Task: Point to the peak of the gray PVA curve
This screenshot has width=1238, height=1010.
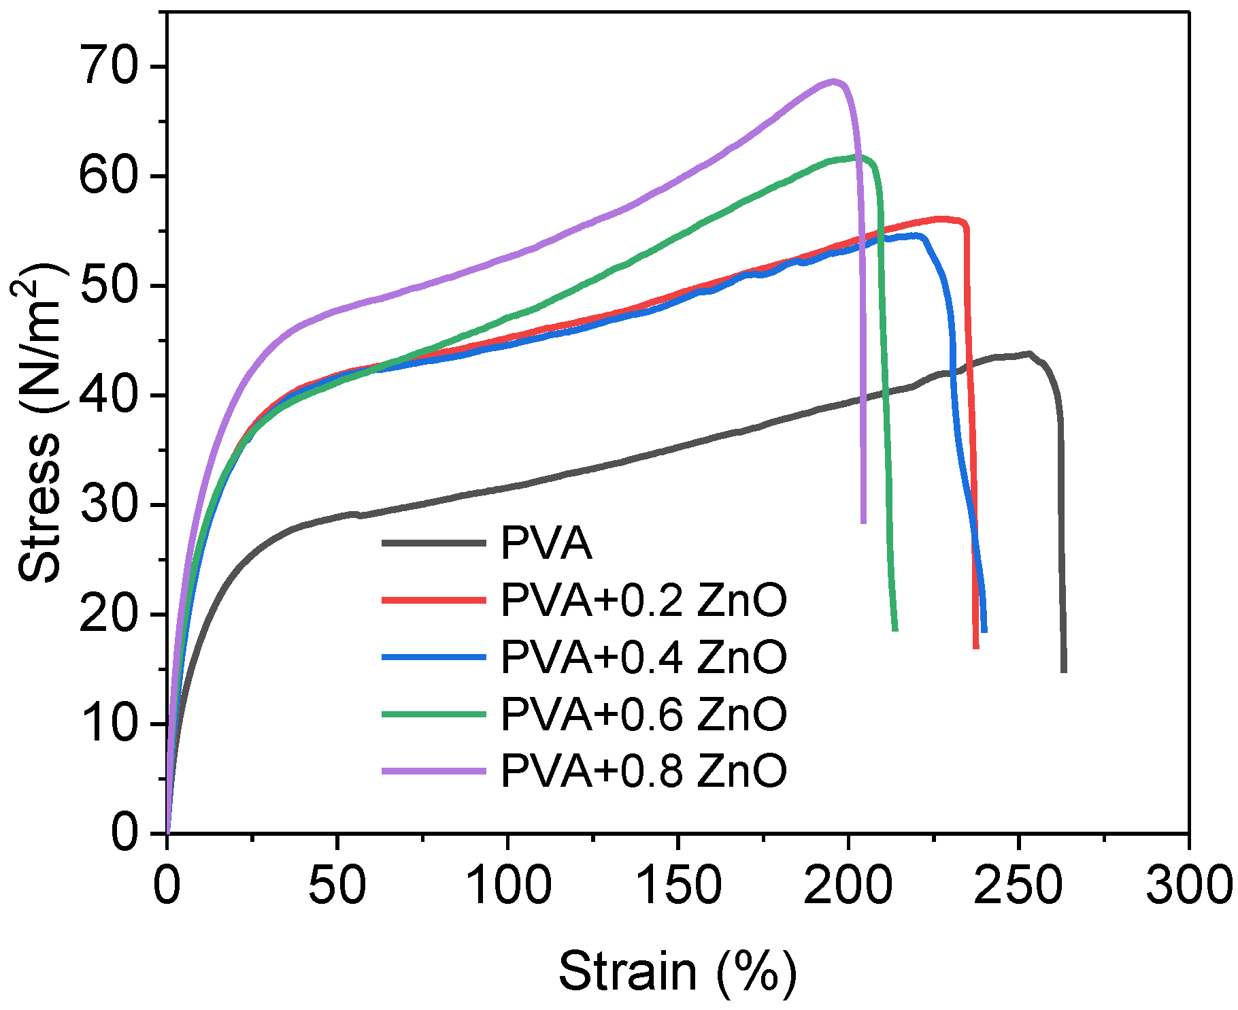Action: tap(1029, 353)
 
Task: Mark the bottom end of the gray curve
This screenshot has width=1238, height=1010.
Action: tap(1064, 670)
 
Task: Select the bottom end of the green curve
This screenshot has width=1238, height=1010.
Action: tap(894, 629)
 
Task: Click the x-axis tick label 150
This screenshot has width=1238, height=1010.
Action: tap(678, 886)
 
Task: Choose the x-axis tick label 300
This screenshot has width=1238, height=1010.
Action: tap(1188, 886)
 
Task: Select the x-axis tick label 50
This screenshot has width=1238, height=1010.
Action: tap(337, 886)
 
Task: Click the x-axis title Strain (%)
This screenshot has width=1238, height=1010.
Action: tap(677, 971)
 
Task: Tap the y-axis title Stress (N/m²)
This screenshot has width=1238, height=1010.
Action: tap(41, 422)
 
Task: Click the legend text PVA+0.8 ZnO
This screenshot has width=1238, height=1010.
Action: tap(643, 770)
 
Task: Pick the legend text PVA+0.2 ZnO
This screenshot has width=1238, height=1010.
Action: tap(643, 600)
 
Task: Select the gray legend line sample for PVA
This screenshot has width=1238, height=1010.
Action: tap(434, 543)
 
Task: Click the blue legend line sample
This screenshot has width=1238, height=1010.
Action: tap(434, 657)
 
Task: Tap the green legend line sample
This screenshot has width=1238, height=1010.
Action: tap(434, 714)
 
